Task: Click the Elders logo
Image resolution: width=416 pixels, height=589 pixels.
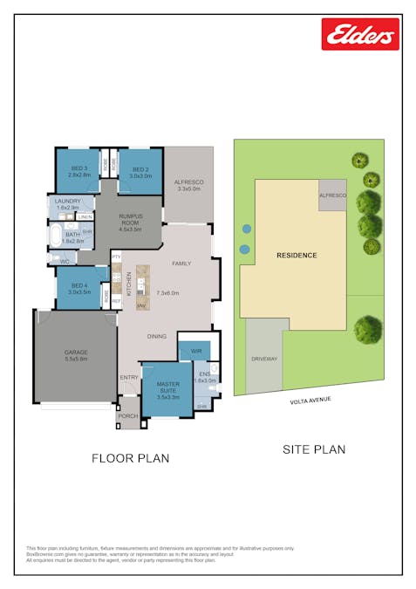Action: pyautogui.click(x=360, y=34)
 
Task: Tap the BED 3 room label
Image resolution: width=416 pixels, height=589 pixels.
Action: pyautogui.click(x=79, y=168)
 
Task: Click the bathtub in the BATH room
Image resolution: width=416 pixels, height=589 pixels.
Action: pyautogui.click(x=56, y=236)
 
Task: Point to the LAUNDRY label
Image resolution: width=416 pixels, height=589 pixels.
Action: pyautogui.click(x=67, y=202)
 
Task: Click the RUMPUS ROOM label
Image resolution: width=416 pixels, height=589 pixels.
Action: pyautogui.click(x=130, y=220)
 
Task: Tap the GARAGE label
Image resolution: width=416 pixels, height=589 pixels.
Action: pyautogui.click(x=76, y=353)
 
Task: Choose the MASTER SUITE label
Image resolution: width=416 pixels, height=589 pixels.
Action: pyautogui.click(x=167, y=384)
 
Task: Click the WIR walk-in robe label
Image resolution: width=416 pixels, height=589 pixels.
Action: pyautogui.click(x=196, y=351)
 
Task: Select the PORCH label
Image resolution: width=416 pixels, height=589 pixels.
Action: pyautogui.click(x=128, y=417)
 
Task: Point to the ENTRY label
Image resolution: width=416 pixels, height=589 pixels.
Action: pyautogui.click(x=129, y=377)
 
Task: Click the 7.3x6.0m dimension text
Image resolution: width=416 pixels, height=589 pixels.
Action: pyautogui.click(x=167, y=293)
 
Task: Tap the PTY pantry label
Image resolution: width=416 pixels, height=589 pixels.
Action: pyautogui.click(x=115, y=257)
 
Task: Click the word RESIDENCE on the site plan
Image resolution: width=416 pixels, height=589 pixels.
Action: pyautogui.click(x=297, y=256)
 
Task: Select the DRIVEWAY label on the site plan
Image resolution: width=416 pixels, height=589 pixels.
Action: pyautogui.click(x=263, y=359)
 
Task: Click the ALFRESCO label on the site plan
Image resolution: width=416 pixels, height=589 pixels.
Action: pyautogui.click(x=332, y=196)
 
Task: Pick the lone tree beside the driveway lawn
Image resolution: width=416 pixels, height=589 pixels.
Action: pyautogui.click(x=368, y=329)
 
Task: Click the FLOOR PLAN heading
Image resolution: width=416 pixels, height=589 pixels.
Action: pyautogui.click(x=131, y=457)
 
